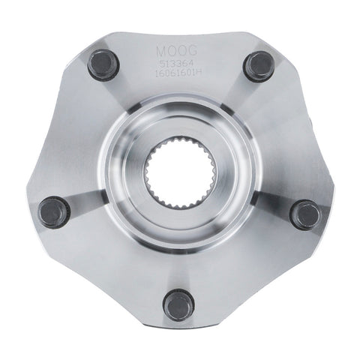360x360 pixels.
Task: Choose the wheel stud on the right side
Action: (305, 214)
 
